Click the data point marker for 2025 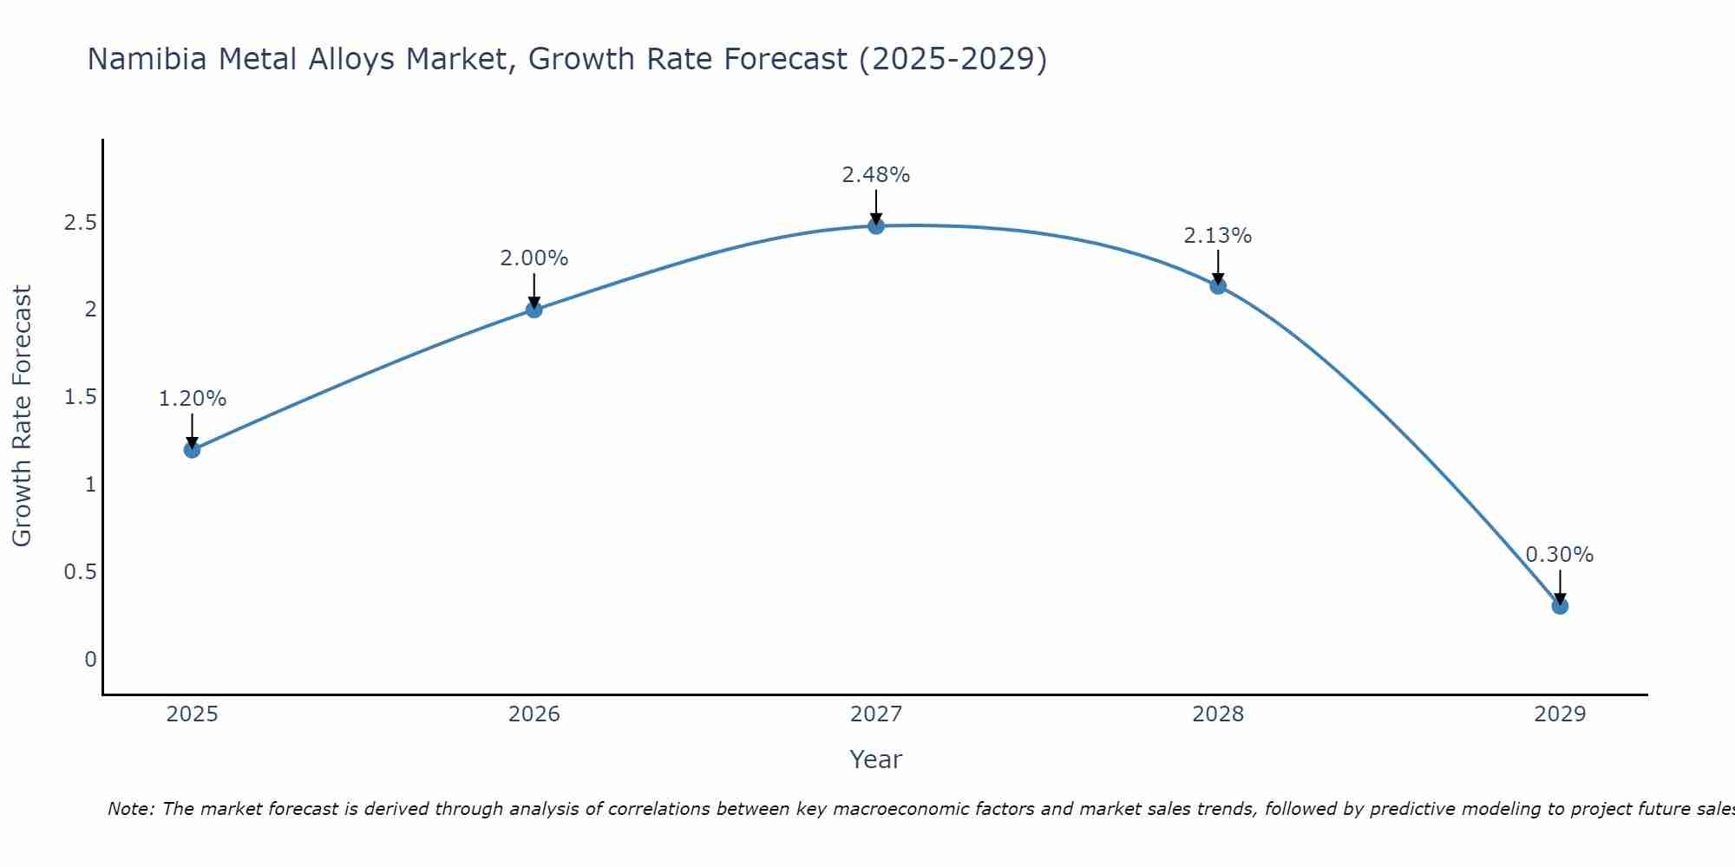192,449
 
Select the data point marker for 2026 534,310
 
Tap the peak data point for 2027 875,225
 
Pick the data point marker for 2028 1217,286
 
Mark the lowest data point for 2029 1559,606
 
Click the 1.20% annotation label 192,399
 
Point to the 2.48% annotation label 875,175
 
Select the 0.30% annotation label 1559,555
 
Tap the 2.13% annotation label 1217,236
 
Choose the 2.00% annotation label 534,258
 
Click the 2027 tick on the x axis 875,714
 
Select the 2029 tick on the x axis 1559,714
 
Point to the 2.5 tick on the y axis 80,223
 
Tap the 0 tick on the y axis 90,660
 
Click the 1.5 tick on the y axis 80,397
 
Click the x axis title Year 875,759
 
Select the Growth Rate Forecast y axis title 22,416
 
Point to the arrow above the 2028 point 1217,266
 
